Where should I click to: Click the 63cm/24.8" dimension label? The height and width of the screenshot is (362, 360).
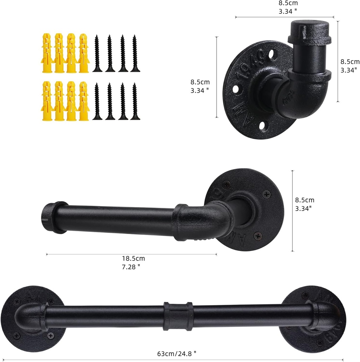[x=179, y=353]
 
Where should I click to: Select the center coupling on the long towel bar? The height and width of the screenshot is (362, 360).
[x=178, y=316]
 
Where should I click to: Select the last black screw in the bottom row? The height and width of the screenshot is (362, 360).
[x=135, y=101]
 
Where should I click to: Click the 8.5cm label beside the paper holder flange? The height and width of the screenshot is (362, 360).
[x=304, y=200]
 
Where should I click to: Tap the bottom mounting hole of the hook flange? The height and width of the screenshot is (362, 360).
[x=262, y=125]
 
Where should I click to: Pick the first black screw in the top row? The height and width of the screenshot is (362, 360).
[x=97, y=53]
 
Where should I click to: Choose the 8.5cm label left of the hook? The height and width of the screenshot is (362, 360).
[x=200, y=82]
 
